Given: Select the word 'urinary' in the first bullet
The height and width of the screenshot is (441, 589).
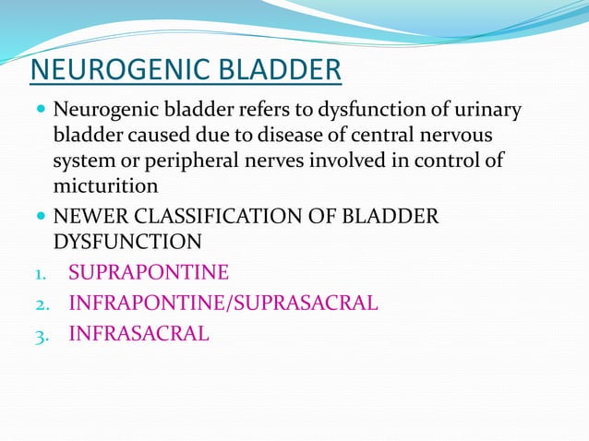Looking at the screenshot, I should click(x=487, y=113).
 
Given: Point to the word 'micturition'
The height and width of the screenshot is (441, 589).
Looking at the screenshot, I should click(x=105, y=185).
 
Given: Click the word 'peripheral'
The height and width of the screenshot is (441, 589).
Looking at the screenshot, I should click(x=205, y=161).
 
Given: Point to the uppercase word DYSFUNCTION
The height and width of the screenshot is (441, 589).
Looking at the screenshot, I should click(x=126, y=242).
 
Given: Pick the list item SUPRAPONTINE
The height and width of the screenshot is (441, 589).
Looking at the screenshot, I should click(x=149, y=274).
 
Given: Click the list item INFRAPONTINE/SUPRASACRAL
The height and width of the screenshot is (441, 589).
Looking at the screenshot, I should click(x=222, y=304).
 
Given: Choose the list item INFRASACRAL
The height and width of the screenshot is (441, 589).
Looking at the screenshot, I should click(x=138, y=334).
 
